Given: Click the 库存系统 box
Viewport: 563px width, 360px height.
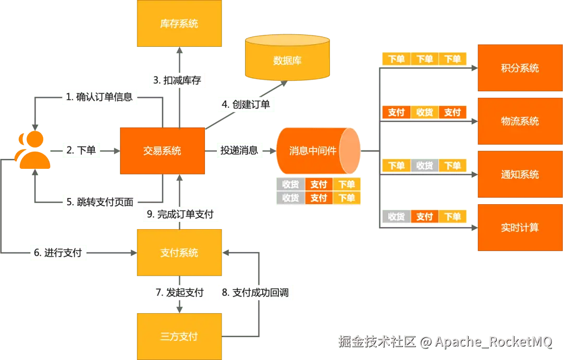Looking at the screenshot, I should (x=179, y=23).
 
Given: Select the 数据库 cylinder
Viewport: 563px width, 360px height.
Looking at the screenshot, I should (x=287, y=60).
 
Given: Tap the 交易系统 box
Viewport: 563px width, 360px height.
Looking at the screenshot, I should (x=162, y=151).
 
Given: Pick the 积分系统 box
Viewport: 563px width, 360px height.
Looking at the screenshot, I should (x=520, y=68).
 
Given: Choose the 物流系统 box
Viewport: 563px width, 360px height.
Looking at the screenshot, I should (x=520, y=121).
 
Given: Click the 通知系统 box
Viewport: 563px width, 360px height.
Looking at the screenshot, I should (x=520, y=175).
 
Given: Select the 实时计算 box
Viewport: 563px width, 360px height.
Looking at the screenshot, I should (x=520, y=228).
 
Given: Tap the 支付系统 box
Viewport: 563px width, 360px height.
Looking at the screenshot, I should (x=179, y=253).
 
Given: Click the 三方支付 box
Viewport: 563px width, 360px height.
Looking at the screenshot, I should (x=179, y=336).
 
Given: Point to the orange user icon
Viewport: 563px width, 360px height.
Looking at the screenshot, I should (x=34, y=151).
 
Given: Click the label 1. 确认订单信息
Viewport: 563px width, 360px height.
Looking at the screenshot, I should (x=99, y=97).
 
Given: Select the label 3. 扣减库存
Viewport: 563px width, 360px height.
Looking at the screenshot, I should (x=177, y=81).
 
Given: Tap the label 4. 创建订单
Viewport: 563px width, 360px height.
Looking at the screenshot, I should (x=246, y=104).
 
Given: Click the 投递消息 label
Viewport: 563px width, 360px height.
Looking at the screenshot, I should (x=239, y=151).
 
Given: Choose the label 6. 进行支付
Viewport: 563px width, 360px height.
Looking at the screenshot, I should (x=58, y=253).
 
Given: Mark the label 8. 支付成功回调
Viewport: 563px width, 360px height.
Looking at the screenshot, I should (x=255, y=292).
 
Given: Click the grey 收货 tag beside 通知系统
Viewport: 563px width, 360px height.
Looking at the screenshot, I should (x=424, y=166).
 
